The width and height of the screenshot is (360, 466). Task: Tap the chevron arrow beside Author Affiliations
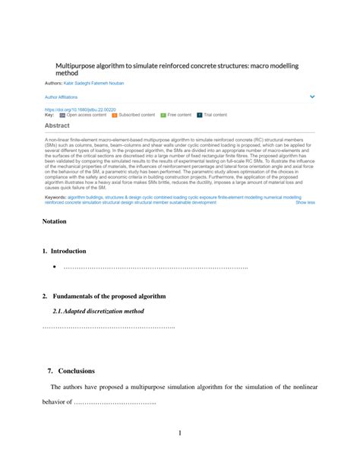tap(311, 97)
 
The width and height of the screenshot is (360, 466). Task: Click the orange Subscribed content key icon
tap(114, 115)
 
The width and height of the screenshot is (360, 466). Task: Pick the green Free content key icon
tap(163, 115)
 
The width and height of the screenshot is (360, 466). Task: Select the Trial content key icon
tap(200, 115)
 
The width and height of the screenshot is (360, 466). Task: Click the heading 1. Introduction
tap(65, 251)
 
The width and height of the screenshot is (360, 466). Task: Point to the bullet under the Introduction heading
tap(55, 268)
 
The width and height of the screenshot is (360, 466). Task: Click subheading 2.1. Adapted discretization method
tap(99, 311)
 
